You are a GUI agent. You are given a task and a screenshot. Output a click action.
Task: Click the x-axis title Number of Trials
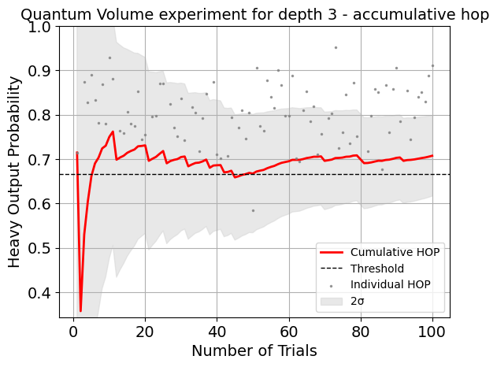click(254, 350)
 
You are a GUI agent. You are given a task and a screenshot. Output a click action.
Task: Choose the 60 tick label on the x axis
click(289, 331)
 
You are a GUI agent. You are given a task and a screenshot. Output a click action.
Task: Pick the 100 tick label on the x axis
click(432, 331)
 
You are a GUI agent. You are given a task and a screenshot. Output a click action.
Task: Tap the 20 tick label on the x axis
click(145, 331)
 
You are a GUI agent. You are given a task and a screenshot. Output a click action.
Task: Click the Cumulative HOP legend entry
click(395, 252)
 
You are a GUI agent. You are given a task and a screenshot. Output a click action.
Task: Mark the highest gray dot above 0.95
click(336, 47)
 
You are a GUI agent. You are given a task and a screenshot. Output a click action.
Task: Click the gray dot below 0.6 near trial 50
click(253, 210)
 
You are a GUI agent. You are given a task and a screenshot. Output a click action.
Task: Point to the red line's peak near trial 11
click(113, 132)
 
